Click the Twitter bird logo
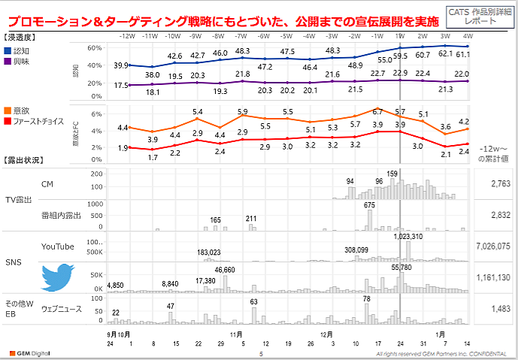[58, 277]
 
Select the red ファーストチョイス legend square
[8, 120]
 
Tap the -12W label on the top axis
[127, 35]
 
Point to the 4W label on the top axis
[468, 35]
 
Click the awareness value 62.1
[446, 54]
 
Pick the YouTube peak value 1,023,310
[407, 237]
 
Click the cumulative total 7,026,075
[493, 246]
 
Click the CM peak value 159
[392, 174]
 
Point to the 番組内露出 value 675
[369, 204]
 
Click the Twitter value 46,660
[225, 269]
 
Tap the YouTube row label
[58, 246]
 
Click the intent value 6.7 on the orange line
[377, 112]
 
